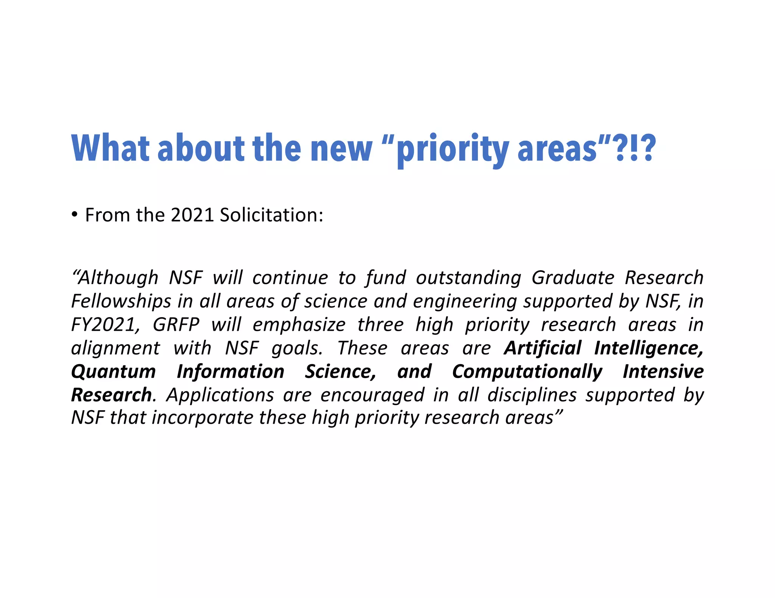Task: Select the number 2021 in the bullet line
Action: (x=193, y=215)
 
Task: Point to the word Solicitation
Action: (x=271, y=215)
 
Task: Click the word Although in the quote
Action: (x=115, y=278)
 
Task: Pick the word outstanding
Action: (x=468, y=278)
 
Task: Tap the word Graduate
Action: (x=573, y=278)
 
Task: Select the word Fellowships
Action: (x=121, y=301)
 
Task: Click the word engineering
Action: (x=465, y=301)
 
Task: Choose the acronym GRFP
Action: (x=176, y=325)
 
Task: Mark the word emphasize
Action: (x=299, y=325)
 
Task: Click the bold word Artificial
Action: (x=542, y=348)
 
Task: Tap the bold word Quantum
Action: (x=113, y=371)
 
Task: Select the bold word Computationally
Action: (x=527, y=371)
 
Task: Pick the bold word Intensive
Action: (x=663, y=371)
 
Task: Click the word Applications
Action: (x=220, y=395)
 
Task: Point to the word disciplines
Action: (x=532, y=395)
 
